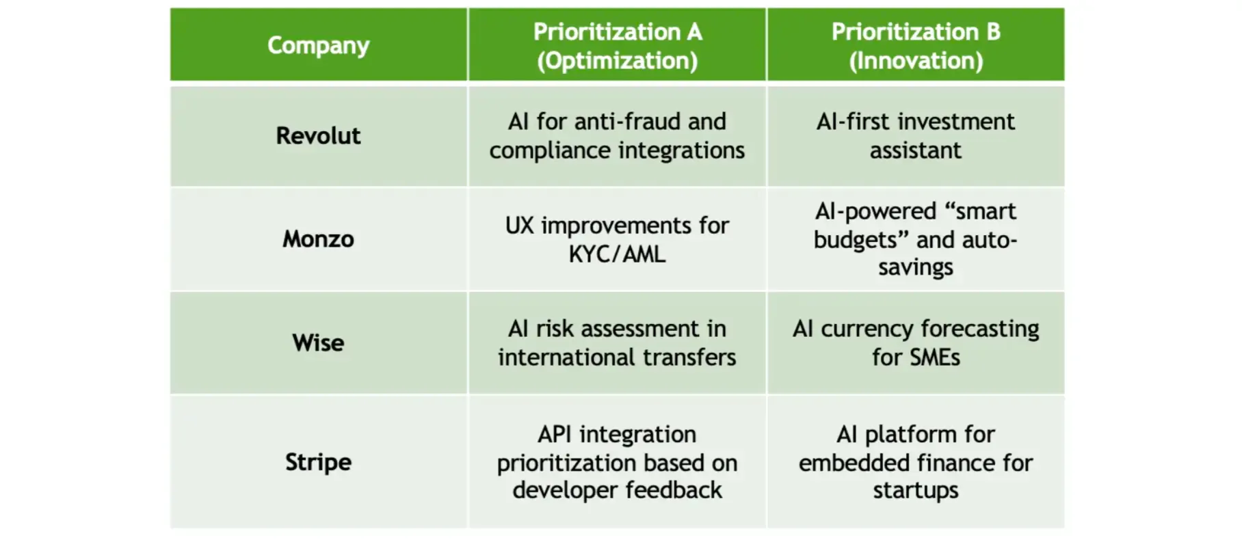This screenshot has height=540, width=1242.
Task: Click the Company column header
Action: pos(318,45)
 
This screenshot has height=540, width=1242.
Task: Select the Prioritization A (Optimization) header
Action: pos(617,46)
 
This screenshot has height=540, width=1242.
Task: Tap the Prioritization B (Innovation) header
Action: pos(916,46)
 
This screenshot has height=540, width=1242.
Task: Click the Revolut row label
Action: pos(318,135)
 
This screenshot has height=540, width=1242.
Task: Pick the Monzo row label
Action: pos(318,239)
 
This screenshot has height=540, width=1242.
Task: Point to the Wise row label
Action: pos(318,342)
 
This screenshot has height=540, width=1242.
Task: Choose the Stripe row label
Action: pos(318,462)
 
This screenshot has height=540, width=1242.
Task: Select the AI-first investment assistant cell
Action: pos(916,135)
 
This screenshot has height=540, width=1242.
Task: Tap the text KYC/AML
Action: pos(617,254)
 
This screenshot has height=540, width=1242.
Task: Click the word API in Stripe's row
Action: pos(555,434)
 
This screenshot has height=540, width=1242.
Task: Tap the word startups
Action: pos(916,491)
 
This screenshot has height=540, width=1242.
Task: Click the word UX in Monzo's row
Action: pos(519,226)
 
